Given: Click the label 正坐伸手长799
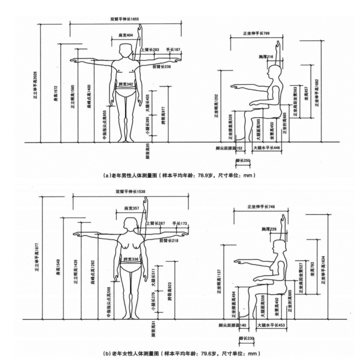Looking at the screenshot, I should click(256, 33).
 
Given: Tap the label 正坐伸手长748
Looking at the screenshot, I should click(258, 207).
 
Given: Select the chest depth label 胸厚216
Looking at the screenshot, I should click(266, 57).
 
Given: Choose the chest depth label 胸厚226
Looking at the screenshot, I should click(269, 228).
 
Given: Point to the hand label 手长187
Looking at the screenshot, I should click(173, 50).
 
